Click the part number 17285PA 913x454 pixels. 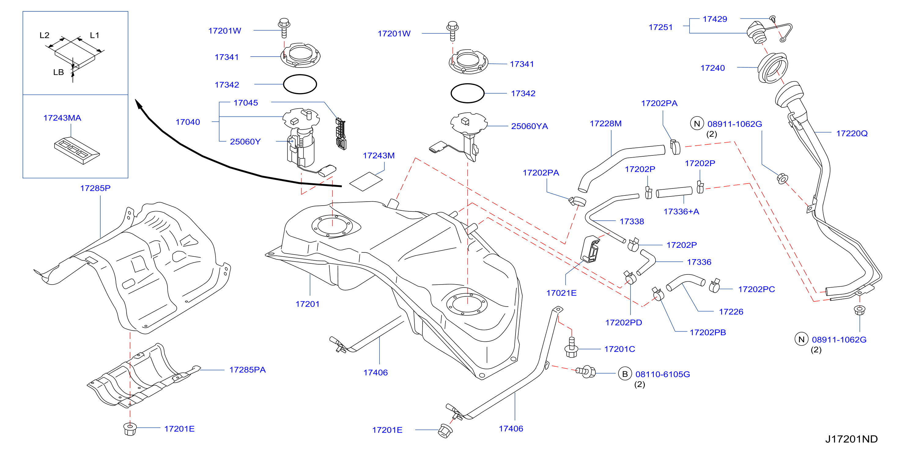coord(247,370)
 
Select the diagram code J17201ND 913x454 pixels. coord(851,439)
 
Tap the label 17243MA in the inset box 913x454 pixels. coord(62,118)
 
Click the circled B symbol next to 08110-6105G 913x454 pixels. coord(625,374)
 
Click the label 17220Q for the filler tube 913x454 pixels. coord(852,133)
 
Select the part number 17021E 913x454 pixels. coord(561,293)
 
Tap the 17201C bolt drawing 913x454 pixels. coord(571,348)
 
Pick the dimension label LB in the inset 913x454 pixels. coord(58,73)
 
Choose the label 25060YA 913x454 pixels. coord(530,126)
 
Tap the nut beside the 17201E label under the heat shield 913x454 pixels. coord(130,429)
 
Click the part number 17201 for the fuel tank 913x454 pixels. coord(307,304)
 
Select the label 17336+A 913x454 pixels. coord(681,212)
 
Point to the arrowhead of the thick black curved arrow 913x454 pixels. coord(138,104)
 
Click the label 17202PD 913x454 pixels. coord(623,322)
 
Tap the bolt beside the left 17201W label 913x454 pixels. coord(284,28)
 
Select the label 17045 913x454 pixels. coord(246,103)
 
